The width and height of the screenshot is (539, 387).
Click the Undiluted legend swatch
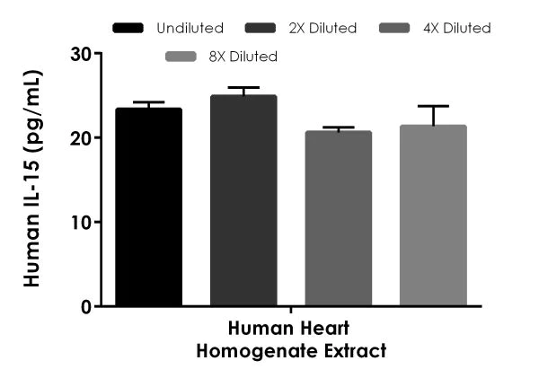[x=129, y=29]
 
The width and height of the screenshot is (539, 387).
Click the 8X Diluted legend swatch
[x=182, y=57]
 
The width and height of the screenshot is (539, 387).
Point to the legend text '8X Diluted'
[x=243, y=57]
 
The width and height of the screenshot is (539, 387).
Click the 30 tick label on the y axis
[x=82, y=54]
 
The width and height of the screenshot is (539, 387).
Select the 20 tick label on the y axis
[x=82, y=138]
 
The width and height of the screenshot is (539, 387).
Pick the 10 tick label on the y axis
[x=82, y=222]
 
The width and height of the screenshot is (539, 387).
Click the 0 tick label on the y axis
[x=87, y=306]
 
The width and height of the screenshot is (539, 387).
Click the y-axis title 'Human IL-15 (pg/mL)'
[x=31, y=180]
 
